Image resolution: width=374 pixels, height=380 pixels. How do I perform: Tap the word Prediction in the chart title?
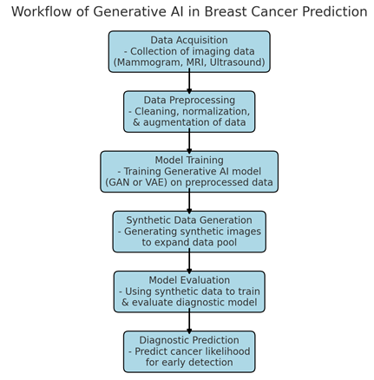click(x=335, y=12)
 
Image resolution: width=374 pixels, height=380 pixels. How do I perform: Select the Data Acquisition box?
click(x=189, y=51)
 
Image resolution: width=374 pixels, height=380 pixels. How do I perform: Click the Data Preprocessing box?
click(x=189, y=112)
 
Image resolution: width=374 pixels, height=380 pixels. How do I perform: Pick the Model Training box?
click(x=189, y=172)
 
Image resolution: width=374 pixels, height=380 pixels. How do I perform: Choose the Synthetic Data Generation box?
click(x=189, y=232)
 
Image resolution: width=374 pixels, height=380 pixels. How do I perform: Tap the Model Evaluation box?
click(x=189, y=292)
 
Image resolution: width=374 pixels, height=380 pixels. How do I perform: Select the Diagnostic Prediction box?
click(x=189, y=351)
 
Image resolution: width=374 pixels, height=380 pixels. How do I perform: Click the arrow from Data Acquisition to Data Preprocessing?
click(x=189, y=82)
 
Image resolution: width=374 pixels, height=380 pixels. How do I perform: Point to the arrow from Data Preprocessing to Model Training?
click(x=189, y=141)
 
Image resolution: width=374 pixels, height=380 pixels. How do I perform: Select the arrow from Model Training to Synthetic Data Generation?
click(x=189, y=201)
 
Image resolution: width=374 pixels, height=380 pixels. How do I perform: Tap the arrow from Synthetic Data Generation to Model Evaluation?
click(x=189, y=262)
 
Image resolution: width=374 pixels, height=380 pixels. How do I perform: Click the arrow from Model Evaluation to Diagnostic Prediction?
click(x=189, y=322)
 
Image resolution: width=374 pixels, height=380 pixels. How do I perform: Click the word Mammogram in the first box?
click(x=148, y=62)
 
